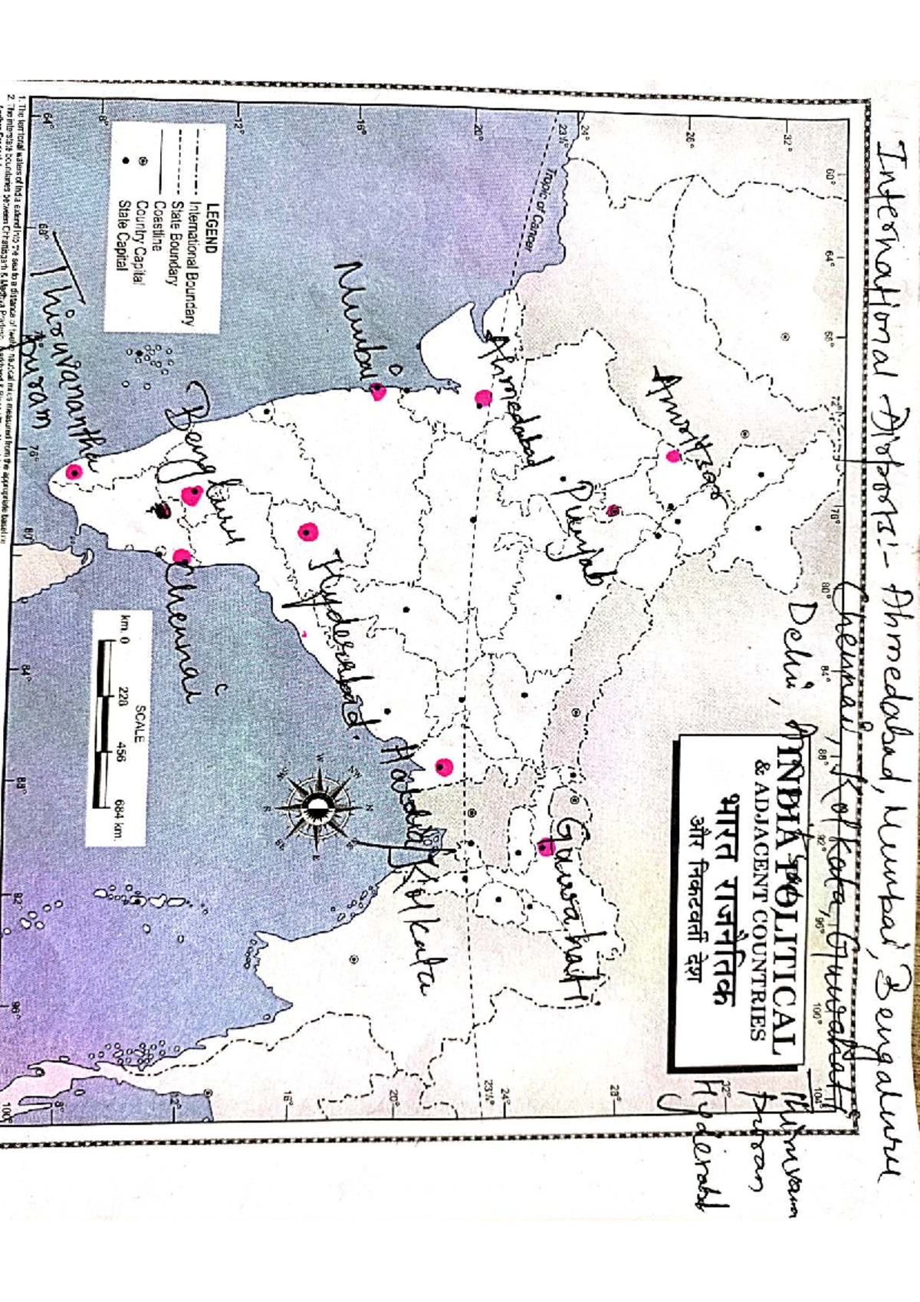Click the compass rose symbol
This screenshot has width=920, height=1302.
(317, 806)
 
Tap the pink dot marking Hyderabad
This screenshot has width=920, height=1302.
(308, 531)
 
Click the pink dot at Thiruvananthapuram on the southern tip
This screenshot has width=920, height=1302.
(74, 472)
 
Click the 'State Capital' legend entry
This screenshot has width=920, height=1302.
(122, 234)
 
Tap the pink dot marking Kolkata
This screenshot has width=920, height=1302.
(444, 766)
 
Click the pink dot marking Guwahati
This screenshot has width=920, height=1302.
(546, 847)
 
